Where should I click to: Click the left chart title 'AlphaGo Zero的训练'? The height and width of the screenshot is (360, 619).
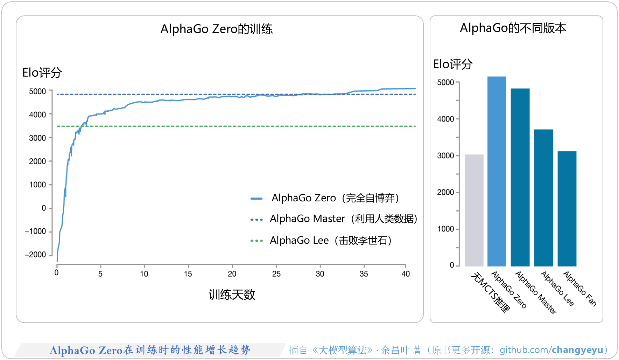(x=217, y=29)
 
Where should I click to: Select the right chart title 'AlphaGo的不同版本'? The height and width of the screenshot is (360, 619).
(x=513, y=28)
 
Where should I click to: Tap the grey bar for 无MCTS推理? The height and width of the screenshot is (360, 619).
(x=474, y=210)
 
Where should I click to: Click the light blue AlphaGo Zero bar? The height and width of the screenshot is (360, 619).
(x=497, y=172)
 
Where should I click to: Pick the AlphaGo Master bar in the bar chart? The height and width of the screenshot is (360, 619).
(x=520, y=177)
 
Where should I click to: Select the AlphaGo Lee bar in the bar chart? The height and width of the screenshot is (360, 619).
(x=543, y=198)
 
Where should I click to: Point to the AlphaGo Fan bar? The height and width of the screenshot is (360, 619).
(x=567, y=209)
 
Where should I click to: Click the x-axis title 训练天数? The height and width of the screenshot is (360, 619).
(x=232, y=295)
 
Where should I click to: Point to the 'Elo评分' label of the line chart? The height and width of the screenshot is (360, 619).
(x=42, y=72)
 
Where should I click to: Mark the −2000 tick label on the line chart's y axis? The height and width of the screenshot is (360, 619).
(x=35, y=255)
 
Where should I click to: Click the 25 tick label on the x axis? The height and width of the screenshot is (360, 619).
(x=276, y=274)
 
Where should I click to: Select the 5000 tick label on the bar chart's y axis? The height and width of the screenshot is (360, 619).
(x=445, y=83)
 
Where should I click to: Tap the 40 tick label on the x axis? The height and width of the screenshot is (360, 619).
(x=406, y=274)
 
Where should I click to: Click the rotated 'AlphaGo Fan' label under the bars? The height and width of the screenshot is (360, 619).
(x=579, y=289)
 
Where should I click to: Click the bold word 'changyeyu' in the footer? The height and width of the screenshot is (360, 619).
(x=577, y=350)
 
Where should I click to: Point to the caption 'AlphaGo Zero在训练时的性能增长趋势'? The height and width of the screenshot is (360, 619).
(x=150, y=350)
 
